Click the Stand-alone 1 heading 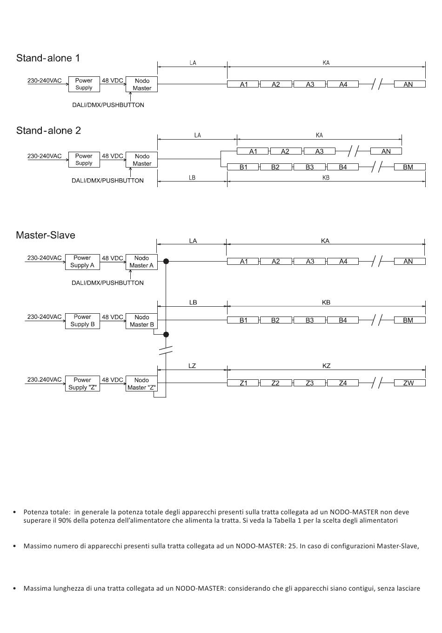(x=48, y=58)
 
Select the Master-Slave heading (x=45, y=235)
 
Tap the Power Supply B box (x=82, y=321)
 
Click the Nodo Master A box (x=141, y=262)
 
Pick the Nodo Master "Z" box (x=141, y=384)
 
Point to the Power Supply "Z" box (x=82, y=384)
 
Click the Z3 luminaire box (x=309, y=383)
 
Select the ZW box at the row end (x=408, y=383)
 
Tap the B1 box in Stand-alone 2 (x=243, y=167)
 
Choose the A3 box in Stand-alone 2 (x=319, y=151)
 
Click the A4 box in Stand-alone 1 (x=343, y=84)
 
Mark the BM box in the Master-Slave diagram (x=408, y=320)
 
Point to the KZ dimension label (x=326, y=366)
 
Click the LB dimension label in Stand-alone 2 (x=192, y=178)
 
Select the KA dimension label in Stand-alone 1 (x=326, y=63)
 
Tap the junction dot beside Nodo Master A (x=166, y=262)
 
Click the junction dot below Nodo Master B (x=166, y=335)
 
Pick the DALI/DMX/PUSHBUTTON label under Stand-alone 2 (x=107, y=181)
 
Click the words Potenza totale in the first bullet (x=47, y=512)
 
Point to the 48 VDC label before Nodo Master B (x=112, y=317)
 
